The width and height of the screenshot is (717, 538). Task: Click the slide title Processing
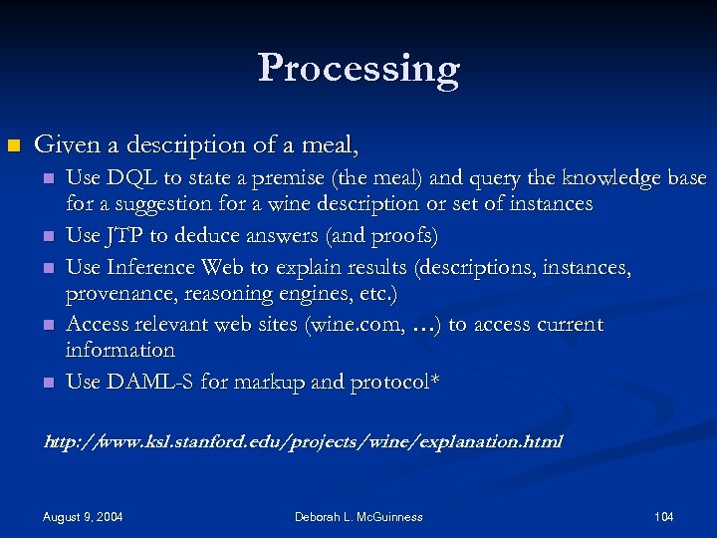358,69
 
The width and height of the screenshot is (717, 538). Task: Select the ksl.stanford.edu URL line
302,440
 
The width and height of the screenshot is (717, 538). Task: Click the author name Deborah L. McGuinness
358,516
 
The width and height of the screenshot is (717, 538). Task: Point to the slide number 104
663,516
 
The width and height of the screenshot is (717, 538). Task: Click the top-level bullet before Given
13,146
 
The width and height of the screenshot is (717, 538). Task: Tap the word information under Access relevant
119,351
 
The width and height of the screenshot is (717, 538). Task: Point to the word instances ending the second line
551,204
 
